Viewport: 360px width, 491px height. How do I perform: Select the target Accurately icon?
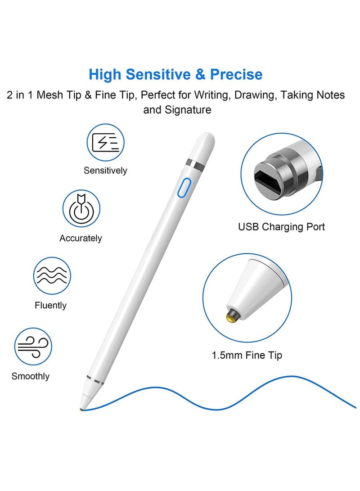pos(81,208)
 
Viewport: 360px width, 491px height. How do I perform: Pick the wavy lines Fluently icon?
pos(52,275)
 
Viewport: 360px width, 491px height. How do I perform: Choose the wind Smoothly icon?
pos(33,346)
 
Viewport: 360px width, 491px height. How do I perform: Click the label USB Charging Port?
pos(281,226)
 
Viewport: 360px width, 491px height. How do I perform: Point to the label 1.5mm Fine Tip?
pos(247,355)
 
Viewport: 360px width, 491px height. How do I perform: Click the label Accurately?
pos(81,238)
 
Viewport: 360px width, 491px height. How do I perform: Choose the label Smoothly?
pos(31,376)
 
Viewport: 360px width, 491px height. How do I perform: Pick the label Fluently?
pos(50,305)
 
